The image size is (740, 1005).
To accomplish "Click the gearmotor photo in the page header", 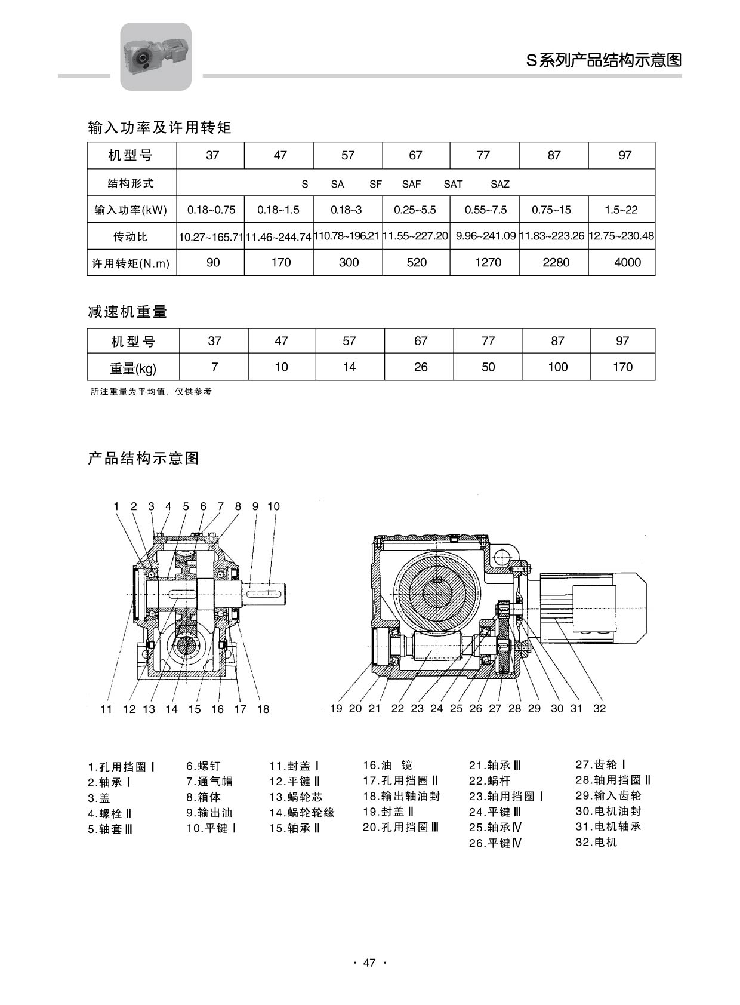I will click(x=156, y=56).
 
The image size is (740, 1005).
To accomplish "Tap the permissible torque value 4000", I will click(x=627, y=262).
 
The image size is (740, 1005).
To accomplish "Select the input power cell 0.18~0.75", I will click(x=211, y=210).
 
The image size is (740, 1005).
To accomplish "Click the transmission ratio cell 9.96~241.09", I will click(x=485, y=236).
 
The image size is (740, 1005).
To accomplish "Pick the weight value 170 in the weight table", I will click(x=622, y=367).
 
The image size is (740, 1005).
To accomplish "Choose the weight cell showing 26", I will click(x=421, y=367).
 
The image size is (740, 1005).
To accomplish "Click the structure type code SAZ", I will click(x=500, y=184).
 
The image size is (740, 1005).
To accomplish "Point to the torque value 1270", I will click(x=488, y=262).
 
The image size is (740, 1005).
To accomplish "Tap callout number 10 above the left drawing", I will click(x=273, y=506).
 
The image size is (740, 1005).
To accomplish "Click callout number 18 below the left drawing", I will click(x=263, y=709).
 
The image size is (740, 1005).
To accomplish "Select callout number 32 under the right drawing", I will click(x=599, y=708).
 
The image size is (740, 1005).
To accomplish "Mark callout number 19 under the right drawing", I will click(x=336, y=708).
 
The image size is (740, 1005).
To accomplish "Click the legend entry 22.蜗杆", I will click(x=490, y=780).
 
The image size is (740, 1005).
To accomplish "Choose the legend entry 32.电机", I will click(x=596, y=843).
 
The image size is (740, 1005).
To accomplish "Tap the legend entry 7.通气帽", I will click(x=209, y=781).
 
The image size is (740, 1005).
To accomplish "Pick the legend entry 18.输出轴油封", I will click(x=402, y=796).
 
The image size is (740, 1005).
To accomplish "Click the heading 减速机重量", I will click(x=127, y=312).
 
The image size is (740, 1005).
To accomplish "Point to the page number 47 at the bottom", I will click(x=369, y=963).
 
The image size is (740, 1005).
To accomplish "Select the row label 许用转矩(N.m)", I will click(x=131, y=263).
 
